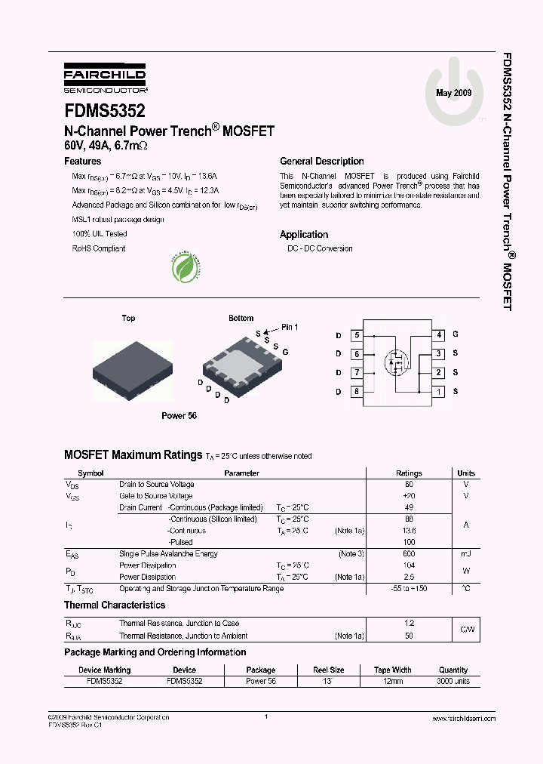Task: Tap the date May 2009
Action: (x=454, y=92)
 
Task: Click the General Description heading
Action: (x=321, y=162)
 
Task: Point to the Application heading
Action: (x=304, y=235)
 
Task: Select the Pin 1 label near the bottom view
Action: (x=290, y=327)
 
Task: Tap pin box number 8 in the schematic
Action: (x=356, y=391)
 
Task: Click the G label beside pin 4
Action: (x=456, y=334)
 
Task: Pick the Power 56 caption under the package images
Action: (x=179, y=416)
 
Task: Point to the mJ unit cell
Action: (x=466, y=554)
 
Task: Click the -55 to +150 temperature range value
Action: (x=410, y=588)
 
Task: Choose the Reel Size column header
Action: (x=328, y=670)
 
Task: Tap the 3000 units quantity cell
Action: (x=453, y=681)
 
